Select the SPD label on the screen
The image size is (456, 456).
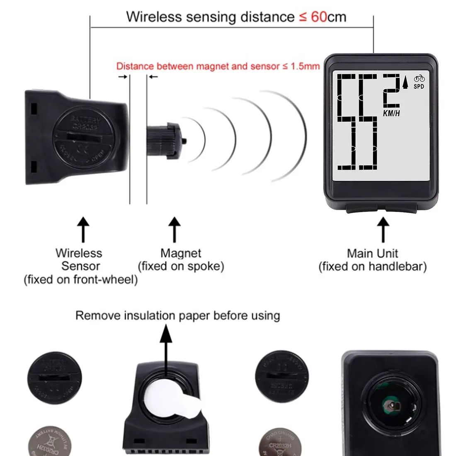pyautogui.click(x=419, y=86)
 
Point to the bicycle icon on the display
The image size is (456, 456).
pyautogui.click(x=420, y=78)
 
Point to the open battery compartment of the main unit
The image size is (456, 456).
pyautogui.click(x=390, y=399)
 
